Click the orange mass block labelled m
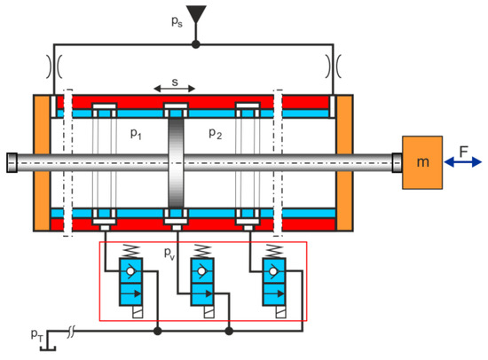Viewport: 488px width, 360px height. pos(422,162)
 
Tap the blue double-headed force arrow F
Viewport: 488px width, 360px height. pos(463,162)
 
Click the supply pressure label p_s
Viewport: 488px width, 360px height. pos(177,22)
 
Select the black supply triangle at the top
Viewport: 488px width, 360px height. pos(196,14)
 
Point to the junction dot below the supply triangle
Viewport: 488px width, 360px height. pos(196,44)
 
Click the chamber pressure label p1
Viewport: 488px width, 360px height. pos(136,134)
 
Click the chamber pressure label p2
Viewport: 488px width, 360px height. pos(215,134)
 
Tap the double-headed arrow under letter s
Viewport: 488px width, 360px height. pos(175,89)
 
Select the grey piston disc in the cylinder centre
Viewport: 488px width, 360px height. pos(176,162)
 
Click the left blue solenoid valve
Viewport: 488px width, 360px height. pos(131,282)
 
